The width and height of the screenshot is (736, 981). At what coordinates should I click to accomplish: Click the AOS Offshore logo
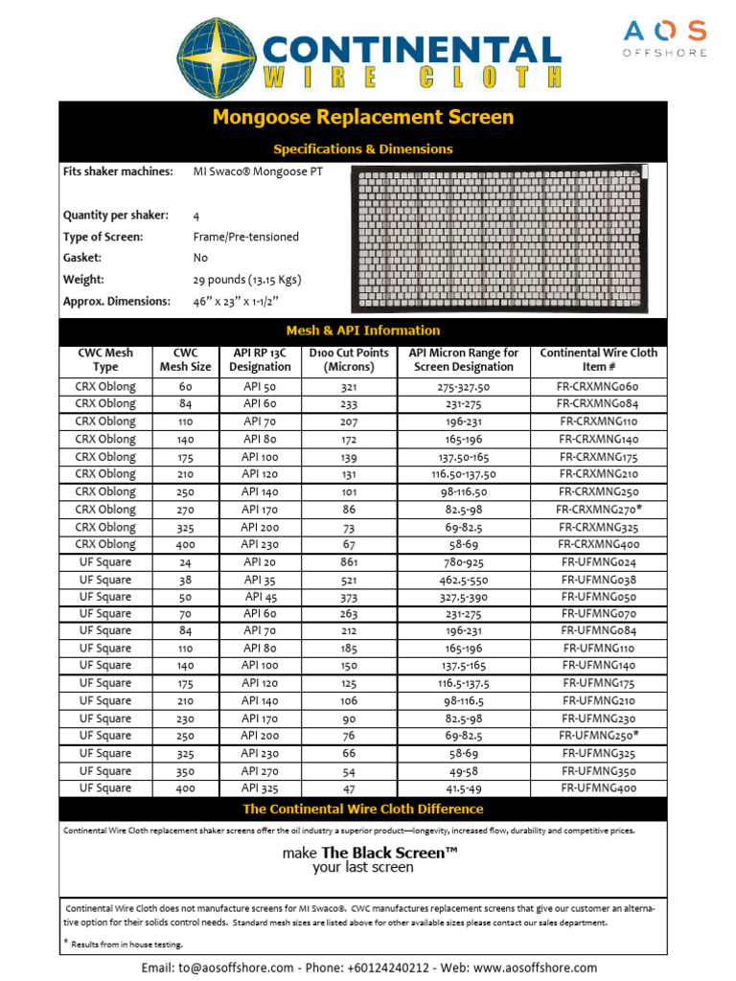[x=664, y=37]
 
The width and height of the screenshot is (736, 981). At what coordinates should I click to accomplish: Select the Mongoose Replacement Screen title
[x=363, y=118]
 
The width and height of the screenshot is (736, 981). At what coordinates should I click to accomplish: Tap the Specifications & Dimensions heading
[x=363, y=149]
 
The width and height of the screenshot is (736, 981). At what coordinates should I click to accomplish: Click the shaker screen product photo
[x=500, y=239]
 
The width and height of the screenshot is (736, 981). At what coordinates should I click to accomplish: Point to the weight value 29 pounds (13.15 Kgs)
[x=247, y=280]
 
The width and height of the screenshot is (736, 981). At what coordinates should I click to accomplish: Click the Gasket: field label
[x=82, y=258]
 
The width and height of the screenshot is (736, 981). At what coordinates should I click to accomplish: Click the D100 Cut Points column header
[x=349, y=360]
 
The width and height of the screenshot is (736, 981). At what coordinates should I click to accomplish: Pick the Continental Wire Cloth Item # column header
[x=598, y=360]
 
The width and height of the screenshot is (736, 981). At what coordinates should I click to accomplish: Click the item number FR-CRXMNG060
[x=598, y=387]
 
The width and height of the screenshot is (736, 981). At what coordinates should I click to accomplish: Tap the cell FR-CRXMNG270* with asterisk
[x=598, y=510]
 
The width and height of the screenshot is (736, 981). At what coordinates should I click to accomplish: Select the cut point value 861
[x=349, y=562]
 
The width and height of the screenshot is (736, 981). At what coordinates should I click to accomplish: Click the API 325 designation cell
[x=259, y=788]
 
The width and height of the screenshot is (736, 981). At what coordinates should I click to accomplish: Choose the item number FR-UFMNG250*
[x=598, y=736]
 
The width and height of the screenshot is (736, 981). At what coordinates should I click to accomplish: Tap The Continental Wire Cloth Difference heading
[x=363, y=809]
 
